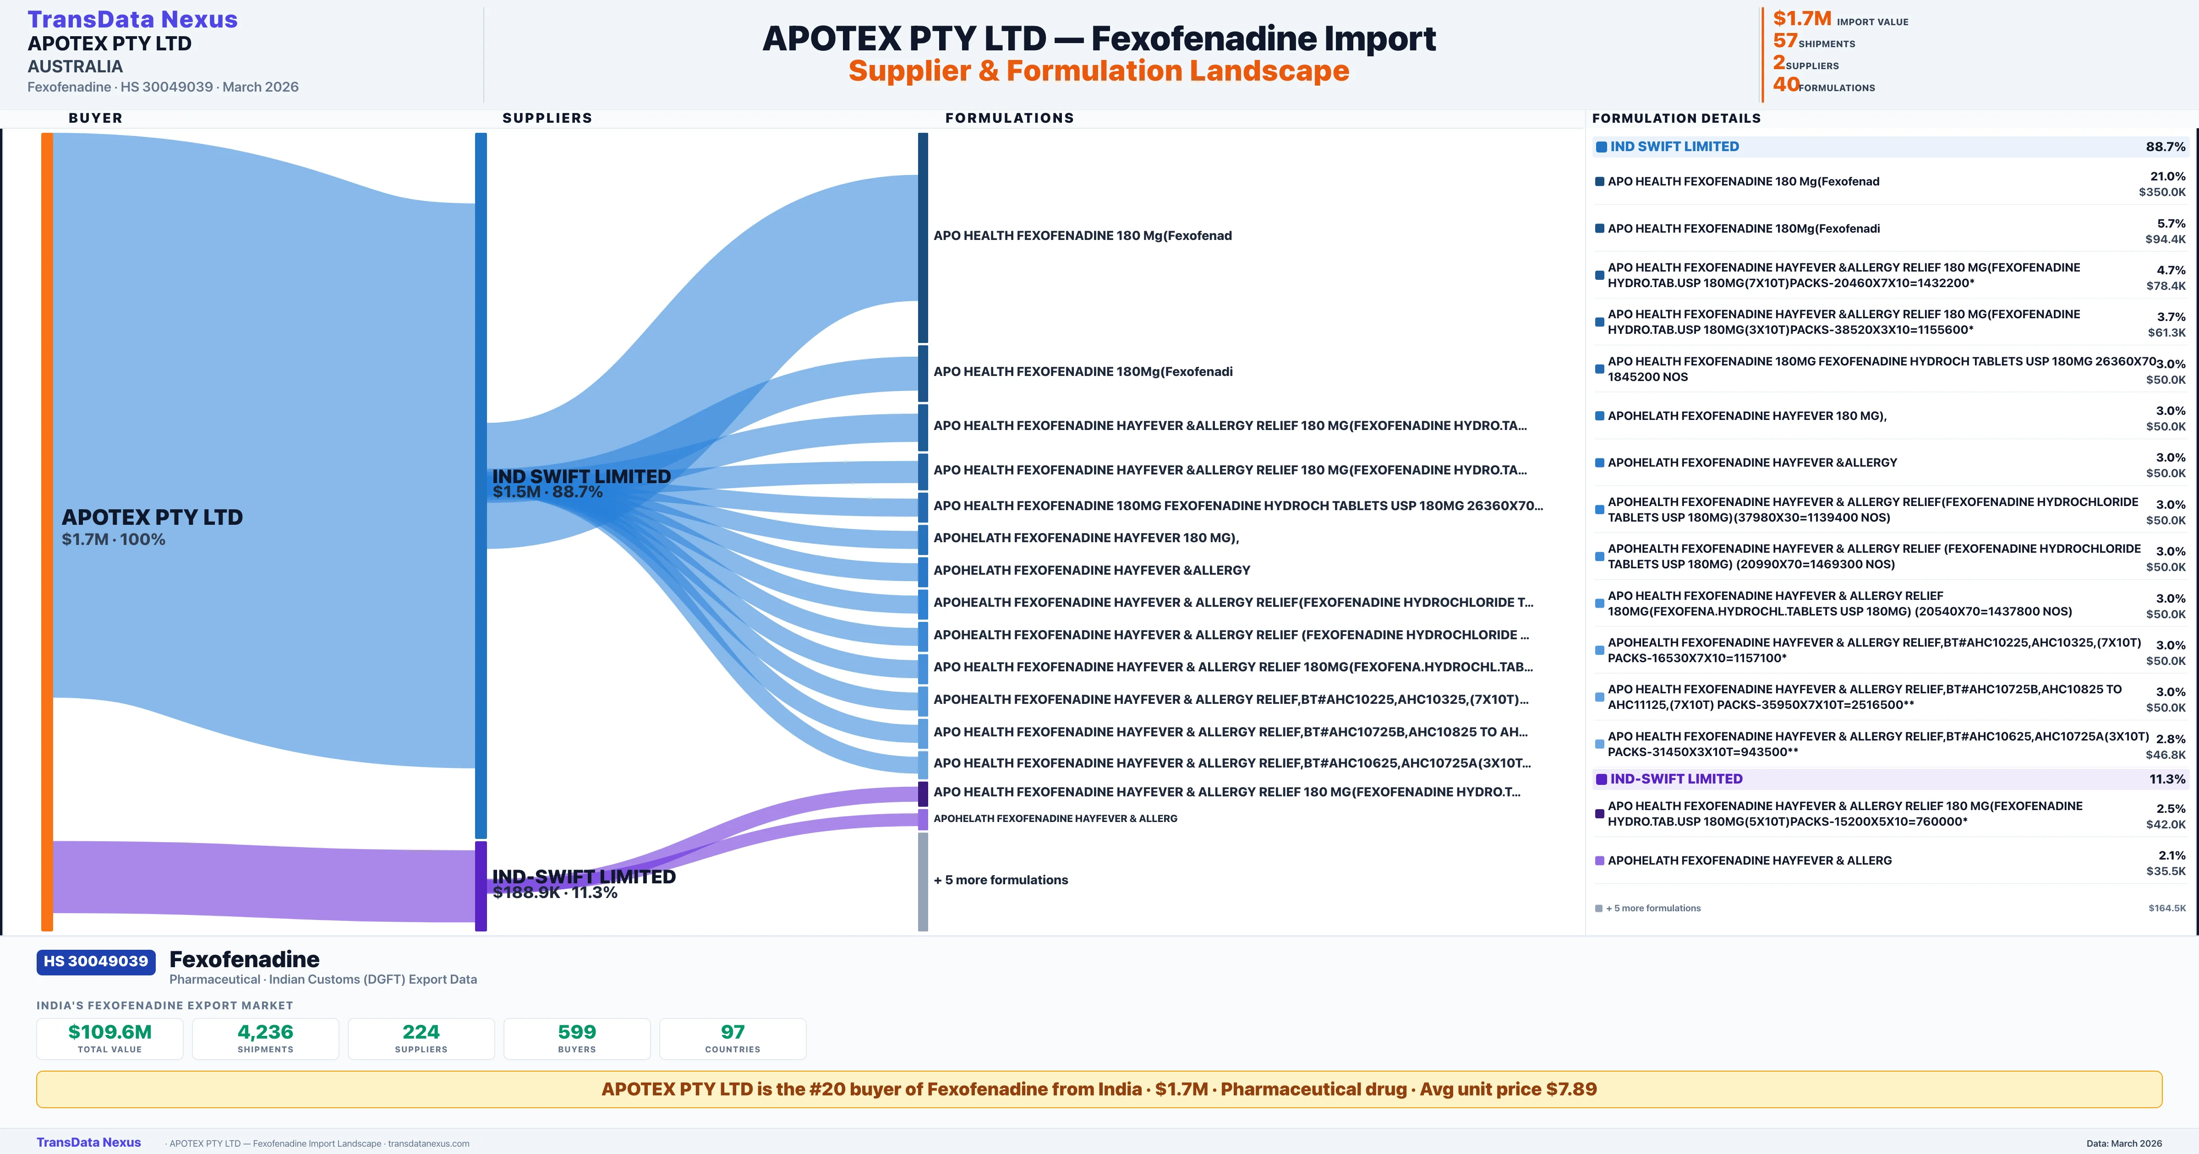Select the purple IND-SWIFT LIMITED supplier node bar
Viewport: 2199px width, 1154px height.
click(x=481, y=886)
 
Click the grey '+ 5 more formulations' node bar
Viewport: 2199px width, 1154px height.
click(x=923, y=882)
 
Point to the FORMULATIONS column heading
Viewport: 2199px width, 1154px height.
click(x=1009, y=118)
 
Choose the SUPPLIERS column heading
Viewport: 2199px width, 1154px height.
click(x=547, y=118)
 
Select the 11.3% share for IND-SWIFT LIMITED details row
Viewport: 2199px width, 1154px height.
click(x=2166, y=779)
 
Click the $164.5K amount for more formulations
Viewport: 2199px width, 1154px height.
click(x=2166, y=908)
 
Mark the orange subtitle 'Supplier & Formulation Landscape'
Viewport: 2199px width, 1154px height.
click(x=1099, y=71)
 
